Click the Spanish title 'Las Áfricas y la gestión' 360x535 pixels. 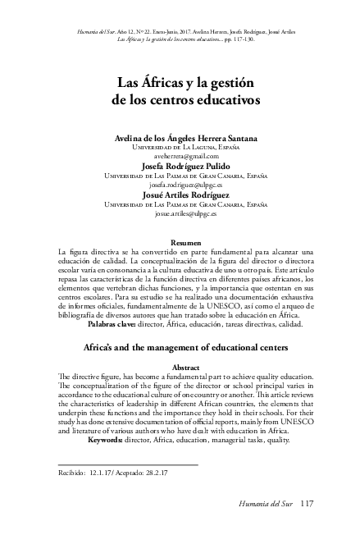180,85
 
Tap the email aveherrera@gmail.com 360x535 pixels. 180,155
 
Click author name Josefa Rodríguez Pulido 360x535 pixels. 180,165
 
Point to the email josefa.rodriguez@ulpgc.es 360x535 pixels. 180,184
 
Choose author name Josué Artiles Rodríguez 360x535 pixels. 180,194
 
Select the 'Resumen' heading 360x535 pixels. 180,241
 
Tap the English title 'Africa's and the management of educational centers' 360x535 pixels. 180,348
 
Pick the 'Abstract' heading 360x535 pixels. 180,367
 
